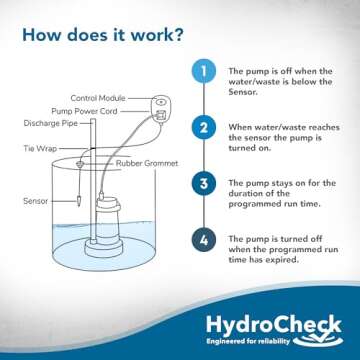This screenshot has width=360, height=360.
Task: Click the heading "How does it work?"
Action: (x=103, y=38)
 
